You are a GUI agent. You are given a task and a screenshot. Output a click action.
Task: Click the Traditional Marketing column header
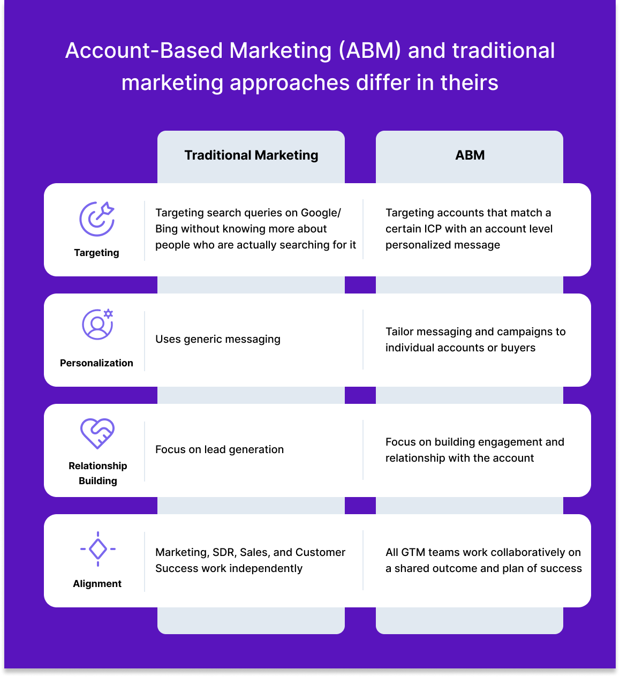[251, 155]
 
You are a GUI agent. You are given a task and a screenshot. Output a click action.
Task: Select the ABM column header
[470, 155]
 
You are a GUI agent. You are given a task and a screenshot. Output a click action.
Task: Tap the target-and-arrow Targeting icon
[97, 219]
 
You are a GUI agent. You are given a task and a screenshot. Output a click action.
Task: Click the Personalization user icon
[97, 324]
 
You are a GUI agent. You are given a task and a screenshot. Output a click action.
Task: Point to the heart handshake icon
[97, 433]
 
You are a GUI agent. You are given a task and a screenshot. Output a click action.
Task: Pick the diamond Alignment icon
[98, 549]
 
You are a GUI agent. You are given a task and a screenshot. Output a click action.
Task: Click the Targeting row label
[96, 253]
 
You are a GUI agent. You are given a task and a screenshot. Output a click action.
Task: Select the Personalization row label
[96, 363]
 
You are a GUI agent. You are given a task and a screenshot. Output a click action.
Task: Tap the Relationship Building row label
[98, 473]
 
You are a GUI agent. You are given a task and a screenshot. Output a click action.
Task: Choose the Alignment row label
[97, 583]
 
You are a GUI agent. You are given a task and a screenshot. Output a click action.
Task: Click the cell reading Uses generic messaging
[218, 339]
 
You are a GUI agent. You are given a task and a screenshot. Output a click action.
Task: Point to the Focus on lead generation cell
[220, 449]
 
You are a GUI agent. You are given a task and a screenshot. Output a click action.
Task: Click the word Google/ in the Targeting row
[321, 213]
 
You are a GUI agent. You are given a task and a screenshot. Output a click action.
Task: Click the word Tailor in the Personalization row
[399, 332]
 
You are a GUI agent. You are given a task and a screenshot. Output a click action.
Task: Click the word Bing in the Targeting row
[167, 229]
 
